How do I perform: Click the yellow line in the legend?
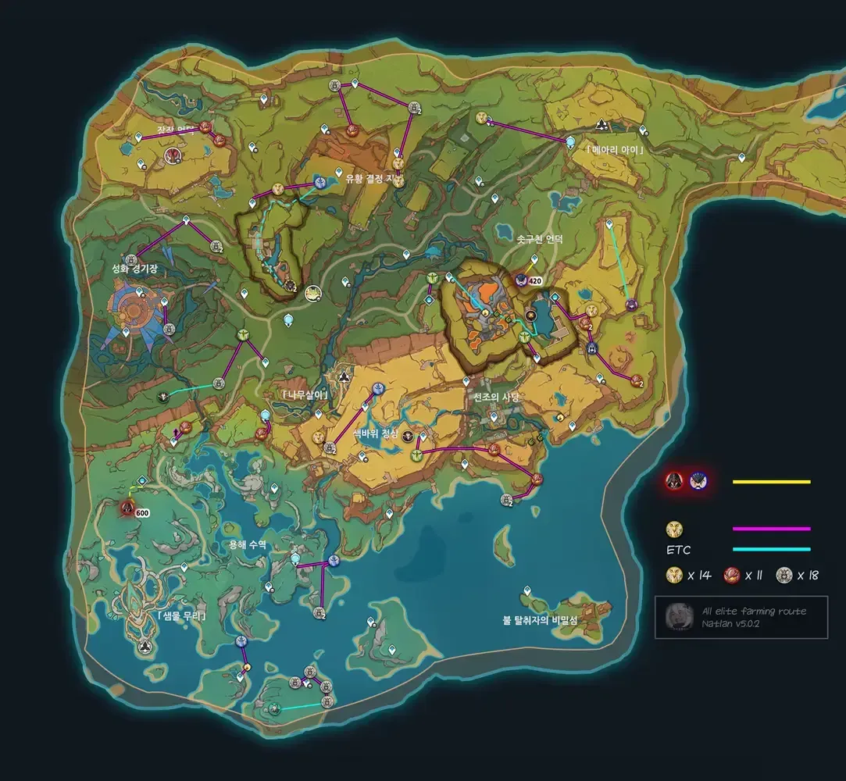(771, 482)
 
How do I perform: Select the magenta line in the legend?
(771, 529)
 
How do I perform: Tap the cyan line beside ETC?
(771, 549)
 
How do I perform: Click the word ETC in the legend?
(677, 550)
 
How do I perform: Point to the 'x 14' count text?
(699, 576)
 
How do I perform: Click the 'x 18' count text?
(808, 576)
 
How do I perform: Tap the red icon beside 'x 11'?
(731, 576)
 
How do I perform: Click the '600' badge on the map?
(142, 513)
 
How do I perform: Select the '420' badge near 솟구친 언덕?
(535, 281)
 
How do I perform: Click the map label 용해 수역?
(248, 545)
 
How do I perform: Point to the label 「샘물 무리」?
(181, 615)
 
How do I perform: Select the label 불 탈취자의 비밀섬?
(540, 620)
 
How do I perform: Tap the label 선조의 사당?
(496, 397)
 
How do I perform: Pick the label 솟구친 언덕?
(540, 240)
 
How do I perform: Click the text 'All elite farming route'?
(754, 611)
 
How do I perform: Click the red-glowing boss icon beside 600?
(127, 508)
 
